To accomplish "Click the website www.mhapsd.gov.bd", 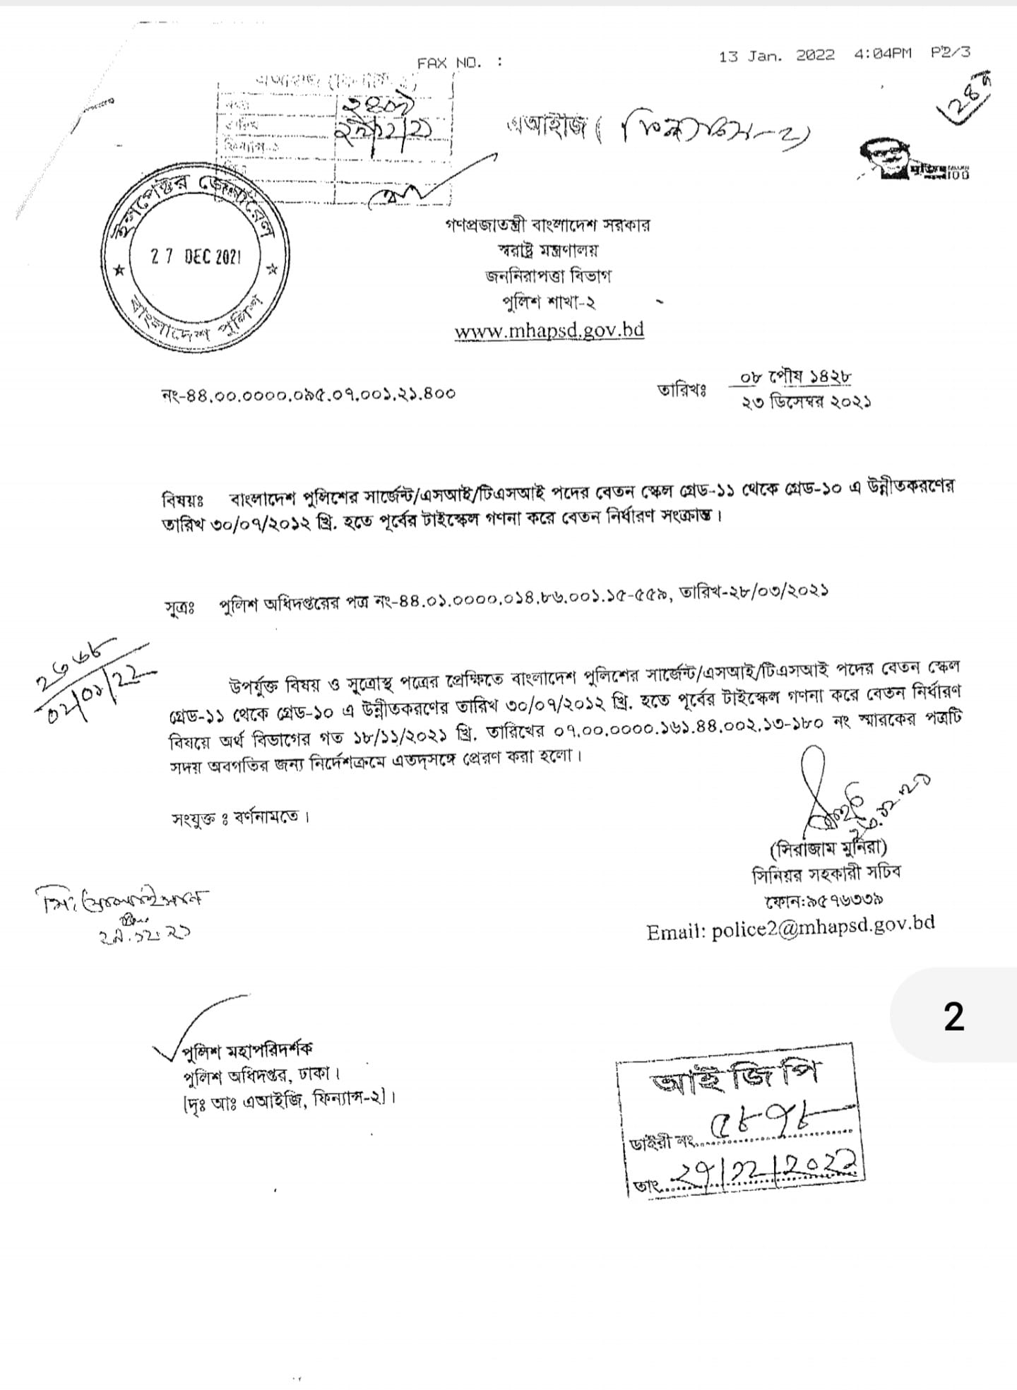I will click(549, 331).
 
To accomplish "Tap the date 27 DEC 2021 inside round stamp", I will click(196, 257).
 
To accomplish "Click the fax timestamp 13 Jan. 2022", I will click(776, 56).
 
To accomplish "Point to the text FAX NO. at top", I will click(449, 63).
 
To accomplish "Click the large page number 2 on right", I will click(953, 1017).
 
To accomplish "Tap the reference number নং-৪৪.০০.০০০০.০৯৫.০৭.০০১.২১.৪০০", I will click(309, 393).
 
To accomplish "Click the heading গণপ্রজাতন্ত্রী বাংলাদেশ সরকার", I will click(548, 225).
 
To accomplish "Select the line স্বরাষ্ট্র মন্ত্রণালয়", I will click(548, 251).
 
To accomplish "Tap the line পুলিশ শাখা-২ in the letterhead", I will click(548, 302).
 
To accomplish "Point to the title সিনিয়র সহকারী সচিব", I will click(826, 874).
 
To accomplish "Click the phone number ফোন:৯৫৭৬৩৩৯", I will click(823, 901).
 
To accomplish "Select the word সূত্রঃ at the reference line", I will click(180, 608).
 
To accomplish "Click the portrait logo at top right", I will click(888, 160).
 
